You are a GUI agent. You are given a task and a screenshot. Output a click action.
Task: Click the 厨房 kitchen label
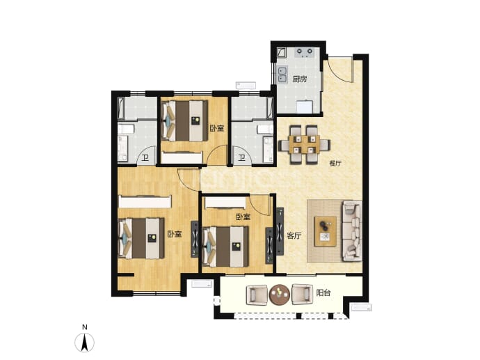[299, 79]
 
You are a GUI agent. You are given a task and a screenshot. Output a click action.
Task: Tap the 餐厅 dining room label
[335, 164]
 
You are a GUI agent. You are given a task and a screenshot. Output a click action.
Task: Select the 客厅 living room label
[294, 235]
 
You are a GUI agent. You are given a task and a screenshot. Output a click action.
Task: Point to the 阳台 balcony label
[323, 293]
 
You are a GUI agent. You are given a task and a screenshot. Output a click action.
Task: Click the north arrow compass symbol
[84, 342]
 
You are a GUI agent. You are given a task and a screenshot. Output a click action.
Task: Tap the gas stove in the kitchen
[304, 53]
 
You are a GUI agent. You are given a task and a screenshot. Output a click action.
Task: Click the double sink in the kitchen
[282, 75]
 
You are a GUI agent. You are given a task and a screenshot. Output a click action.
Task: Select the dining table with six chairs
[304, 143]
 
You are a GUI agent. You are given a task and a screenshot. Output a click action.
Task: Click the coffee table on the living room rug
[326, 231]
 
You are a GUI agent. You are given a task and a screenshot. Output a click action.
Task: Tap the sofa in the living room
[352, 231]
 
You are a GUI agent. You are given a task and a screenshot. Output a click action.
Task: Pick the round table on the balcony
[279, 294]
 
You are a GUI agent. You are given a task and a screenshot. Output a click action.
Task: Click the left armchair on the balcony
[257, 295]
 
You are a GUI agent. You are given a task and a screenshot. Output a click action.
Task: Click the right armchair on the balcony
[302, 294]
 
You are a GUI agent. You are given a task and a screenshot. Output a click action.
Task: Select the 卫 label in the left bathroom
[145, 158]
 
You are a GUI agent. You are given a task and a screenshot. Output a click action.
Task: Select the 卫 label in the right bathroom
[242, 158]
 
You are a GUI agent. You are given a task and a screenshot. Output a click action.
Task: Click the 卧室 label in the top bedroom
[217, 128]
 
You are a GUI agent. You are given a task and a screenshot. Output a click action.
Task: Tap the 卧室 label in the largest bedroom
[175, 234]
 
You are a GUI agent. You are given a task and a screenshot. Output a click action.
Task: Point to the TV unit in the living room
[280, 231]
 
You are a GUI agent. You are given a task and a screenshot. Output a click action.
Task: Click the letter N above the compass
[85, 327]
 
